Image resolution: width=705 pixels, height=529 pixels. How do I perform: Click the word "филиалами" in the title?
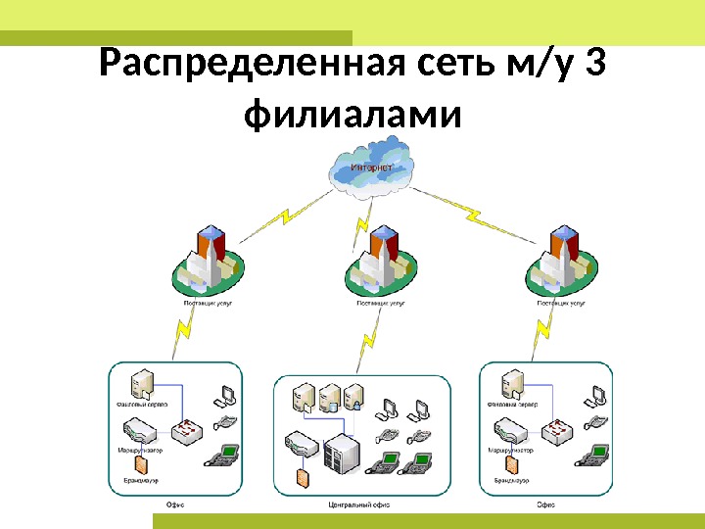(352, 116)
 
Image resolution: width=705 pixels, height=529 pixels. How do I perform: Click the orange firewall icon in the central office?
(302, 476)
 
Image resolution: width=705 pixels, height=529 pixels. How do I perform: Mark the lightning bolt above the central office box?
(368, 342)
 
